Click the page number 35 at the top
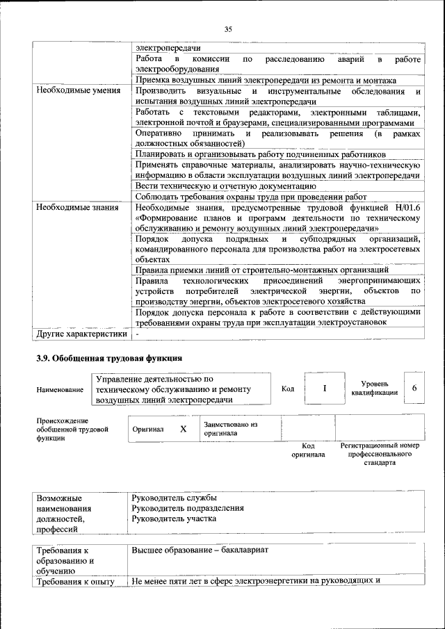coord(227,28)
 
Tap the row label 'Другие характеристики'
coord(81,334)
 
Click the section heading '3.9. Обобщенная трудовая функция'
coord(109,359)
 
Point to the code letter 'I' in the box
coord(324,389)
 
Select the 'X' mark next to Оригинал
coord(184,430)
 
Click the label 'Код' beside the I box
coord(288,389)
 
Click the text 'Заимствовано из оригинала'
coord(230,429)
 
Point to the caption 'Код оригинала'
coord(308,450)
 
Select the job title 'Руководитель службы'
coord(174,498)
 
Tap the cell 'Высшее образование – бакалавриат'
coord(200,550)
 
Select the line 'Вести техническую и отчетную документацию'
coord(227,186)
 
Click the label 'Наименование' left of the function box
coord(60,390)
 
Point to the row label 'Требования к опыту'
coord(75,581)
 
